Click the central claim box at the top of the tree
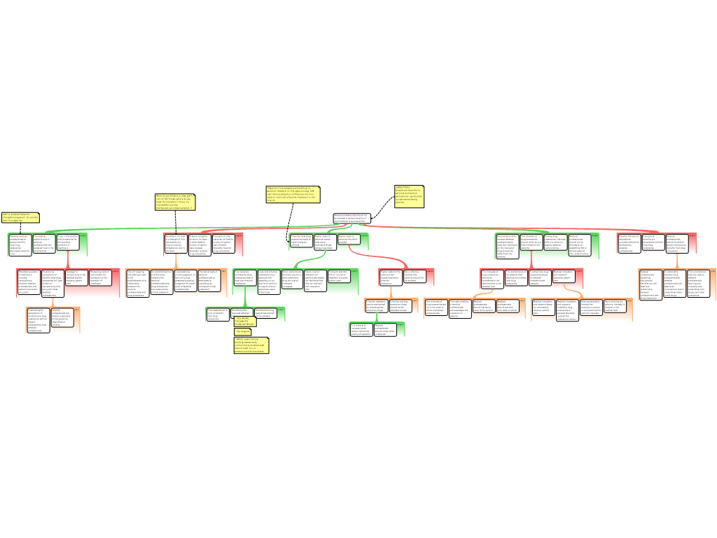pyautogui.click(x=351, y=218)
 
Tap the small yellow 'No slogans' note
pyautogui.click(x=242, y=331)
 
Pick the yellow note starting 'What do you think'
pyautogui.click(x=175, y=202)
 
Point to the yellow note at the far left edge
pyautogui.click(x=20, y=217)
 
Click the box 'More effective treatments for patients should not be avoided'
pyautogui.click(x=415, y=276)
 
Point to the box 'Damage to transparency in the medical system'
pyautogui.click(x=76, y=277)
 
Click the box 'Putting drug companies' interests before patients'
pyautogui.click(x=555, y=242)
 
